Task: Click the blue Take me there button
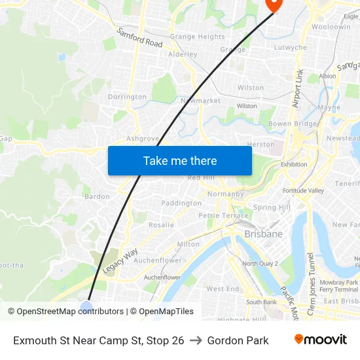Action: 180,160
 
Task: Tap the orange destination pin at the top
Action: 273,4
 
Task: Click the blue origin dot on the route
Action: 86,306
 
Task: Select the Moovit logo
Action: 320,340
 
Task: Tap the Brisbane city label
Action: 263,234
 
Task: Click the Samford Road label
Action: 139,37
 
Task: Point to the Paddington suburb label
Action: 181,203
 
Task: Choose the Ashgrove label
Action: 143,139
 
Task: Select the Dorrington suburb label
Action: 127,97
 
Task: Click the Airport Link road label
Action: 297,88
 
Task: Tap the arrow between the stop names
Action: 196,340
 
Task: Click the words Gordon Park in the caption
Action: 238,340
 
